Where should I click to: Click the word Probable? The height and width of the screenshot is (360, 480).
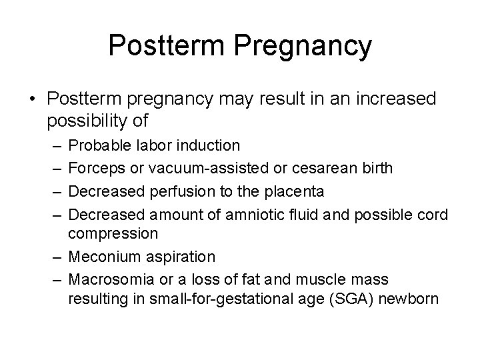pyautogui.click(x=97, y=144)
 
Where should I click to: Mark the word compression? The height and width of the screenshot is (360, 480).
pyautogui.click(x=113, y=234)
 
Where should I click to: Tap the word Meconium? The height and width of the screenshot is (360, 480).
pyautogui.click(x=99, y=257)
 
